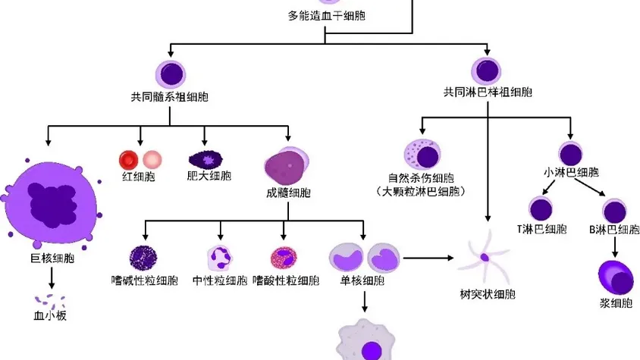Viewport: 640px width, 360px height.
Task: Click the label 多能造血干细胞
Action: [x=326, y=15]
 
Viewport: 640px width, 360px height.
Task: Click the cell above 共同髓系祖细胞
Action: [x=170, y=74]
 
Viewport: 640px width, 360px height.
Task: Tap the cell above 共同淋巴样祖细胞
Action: [x=487, y=73]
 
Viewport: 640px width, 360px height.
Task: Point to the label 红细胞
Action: [x=139, y=177]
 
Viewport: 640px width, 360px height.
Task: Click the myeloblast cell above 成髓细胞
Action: [x=286, y=163]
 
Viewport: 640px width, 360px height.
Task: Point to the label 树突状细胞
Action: [x=485, y=293]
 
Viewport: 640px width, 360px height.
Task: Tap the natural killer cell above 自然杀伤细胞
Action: [x=423, y=155]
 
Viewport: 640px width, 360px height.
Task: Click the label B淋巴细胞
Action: [x=613, y=230]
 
